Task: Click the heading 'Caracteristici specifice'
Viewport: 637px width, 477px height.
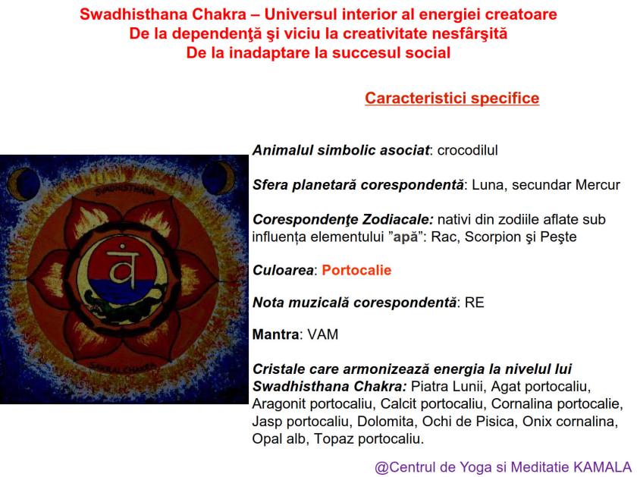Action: pyautogui.click(x=452, y=99)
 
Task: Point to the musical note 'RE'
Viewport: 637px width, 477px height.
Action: pyautogui.click(x=475, y=302)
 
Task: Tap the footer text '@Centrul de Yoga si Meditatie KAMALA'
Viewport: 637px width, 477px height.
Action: pyautogui.click(x=503, y=466)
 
